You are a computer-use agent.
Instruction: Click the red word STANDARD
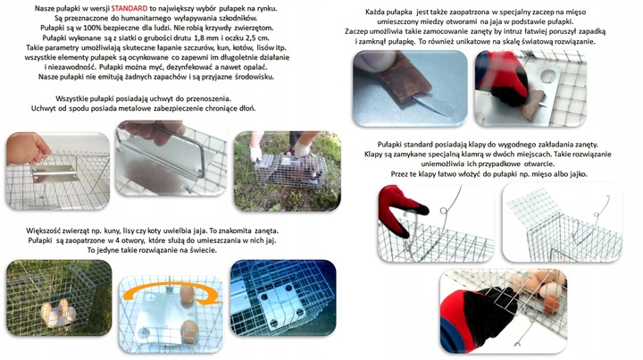pos(129,8)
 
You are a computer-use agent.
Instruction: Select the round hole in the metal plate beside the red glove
pos(548,76)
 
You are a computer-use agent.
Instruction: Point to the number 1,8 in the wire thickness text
pos(200,38)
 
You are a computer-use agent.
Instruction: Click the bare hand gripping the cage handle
pos(26,148)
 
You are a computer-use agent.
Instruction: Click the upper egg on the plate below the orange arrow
pos(187,295)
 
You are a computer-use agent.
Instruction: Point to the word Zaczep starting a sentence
pos(358,31)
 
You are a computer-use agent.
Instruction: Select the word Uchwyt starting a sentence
pos(43,109)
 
